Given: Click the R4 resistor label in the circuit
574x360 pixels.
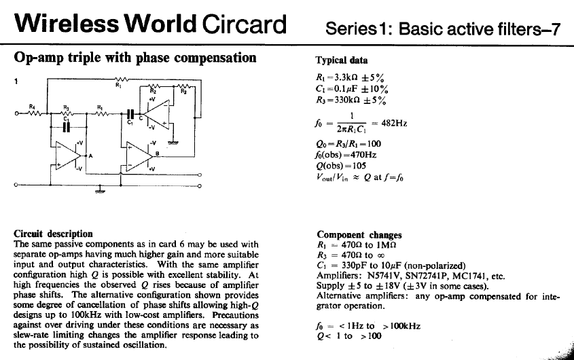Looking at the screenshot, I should click(x=32, y=106).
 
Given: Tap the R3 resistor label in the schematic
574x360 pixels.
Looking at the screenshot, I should click(x=66, y=107).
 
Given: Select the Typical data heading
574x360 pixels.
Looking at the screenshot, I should click(x=341, y=60).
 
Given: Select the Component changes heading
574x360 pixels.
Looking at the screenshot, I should click(x=359, y=235).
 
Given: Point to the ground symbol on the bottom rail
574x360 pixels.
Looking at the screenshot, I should click(x=101, y=192).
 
